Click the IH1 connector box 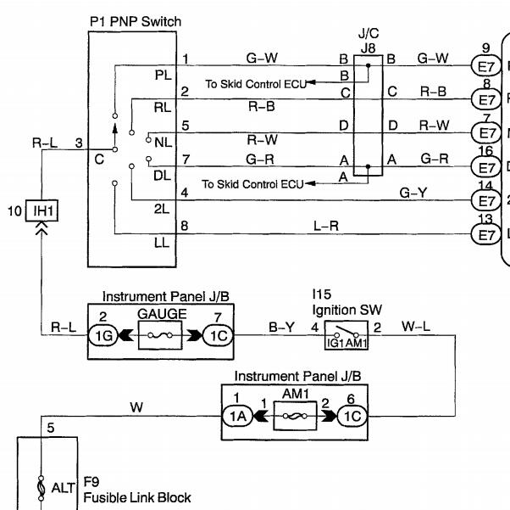[42, 210]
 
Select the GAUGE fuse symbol [160, 335]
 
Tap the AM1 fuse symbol [295, 416]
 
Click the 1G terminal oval [103, 335]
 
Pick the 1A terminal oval [238, 416]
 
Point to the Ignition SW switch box [346, 335]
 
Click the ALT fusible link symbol [41, 488]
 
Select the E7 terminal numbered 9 [486, 66]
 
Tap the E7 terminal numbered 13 [486, 234]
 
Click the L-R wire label [326, 226]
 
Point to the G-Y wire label [413, 193]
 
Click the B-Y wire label [281, 327]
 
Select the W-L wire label [416, 326]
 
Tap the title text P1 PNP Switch [136, 21]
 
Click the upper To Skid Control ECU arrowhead [311, 82]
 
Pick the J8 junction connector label [369, 48]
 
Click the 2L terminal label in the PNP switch [162, 209]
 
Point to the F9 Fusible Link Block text [137, 490]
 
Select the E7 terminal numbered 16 [486, 167]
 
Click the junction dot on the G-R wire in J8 [369, 166]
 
